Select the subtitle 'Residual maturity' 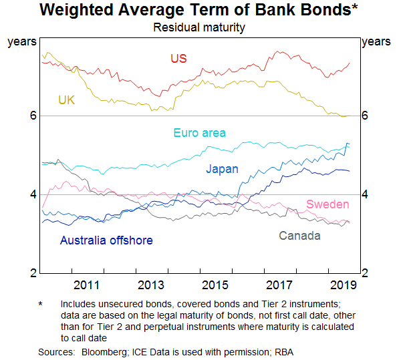point(199,27)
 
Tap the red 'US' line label point(178,58)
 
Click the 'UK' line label point(66,100)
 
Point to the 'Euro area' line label point(199,132)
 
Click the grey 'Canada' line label point(299,235)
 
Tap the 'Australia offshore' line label point(106,240)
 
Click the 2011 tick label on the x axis point(87,285)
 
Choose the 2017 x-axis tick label point(279,285)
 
